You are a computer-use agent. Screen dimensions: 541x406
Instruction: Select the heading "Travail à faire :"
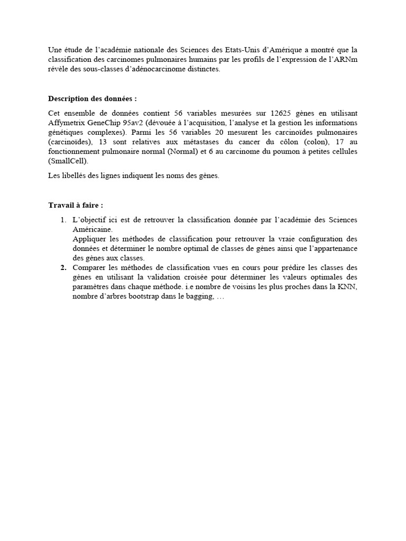click(76, 205)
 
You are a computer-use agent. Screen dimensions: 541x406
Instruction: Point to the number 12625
click(283, 113)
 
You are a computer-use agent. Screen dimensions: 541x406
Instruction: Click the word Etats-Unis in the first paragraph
click(264, 50)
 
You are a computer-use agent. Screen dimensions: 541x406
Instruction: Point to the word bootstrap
click(152, 296)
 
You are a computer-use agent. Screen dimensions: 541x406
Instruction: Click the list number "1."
click(63, 220)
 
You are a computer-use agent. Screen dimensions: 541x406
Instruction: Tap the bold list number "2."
click(63, 268)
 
